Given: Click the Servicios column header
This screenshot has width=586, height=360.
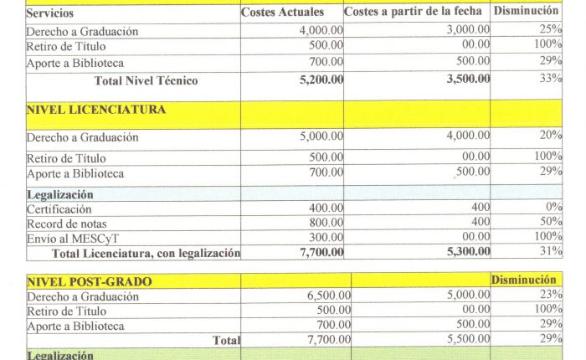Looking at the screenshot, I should (50, 13).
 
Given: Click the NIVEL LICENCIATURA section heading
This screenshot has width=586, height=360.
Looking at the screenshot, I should (95, 110).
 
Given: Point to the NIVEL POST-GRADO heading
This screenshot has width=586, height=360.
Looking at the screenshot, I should (89, 282).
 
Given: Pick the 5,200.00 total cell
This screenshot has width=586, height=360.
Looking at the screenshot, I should (321, 80).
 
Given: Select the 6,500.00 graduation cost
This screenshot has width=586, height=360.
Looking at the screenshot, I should (321, 296).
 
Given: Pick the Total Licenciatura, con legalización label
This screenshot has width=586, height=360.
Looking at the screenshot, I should (146, 253).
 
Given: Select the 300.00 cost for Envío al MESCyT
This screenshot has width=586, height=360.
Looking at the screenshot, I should (326, 239).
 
